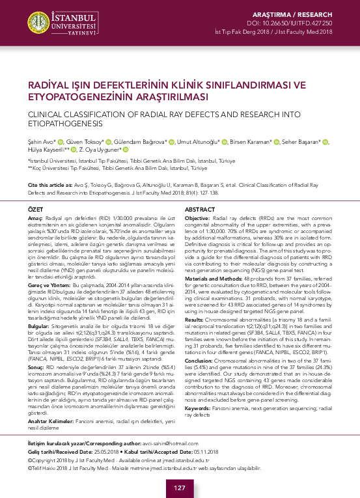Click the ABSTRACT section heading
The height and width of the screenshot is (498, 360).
pyautogui.click(x=202, y=209)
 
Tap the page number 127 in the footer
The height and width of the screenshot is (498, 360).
pyautogui.click(x=180, y=488)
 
